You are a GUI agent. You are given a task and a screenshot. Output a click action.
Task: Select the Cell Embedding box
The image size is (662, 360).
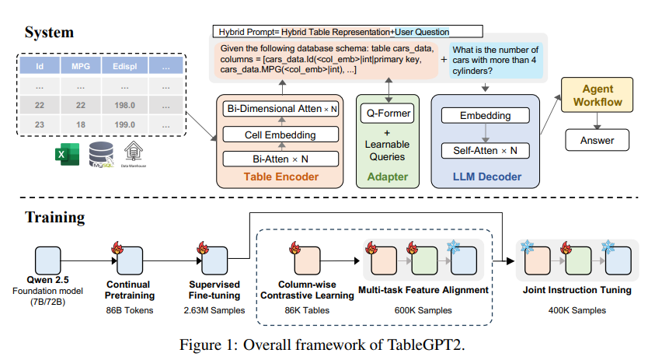pos(281,135)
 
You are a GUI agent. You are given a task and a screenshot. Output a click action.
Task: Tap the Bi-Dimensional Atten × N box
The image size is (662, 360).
pos(281,110)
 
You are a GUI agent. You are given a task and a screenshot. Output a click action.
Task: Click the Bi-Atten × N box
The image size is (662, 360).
pos(281,159)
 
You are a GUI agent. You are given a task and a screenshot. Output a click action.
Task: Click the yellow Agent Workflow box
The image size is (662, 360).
pos(598,96)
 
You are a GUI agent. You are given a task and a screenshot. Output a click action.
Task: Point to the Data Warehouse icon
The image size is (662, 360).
pos(137,154)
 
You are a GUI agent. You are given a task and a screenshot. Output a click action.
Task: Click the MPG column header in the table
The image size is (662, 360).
pos(81,68)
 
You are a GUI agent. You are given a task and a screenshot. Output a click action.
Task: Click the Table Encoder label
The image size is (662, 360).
pos(281,177)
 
